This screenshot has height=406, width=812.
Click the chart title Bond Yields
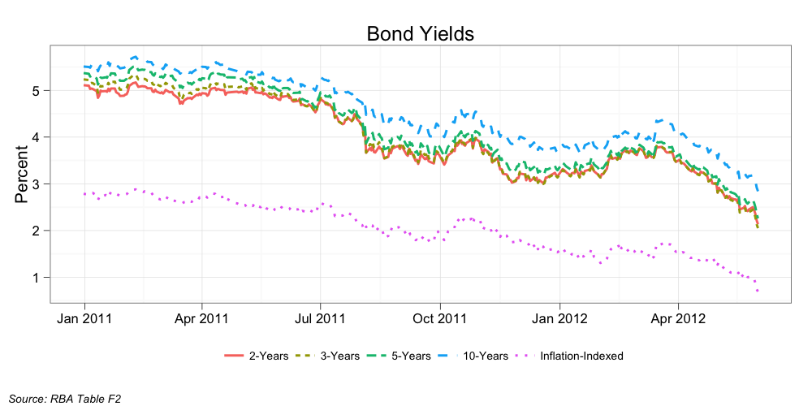click(x=420, y=33)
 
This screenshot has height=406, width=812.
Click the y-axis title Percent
click(x=21, y=174)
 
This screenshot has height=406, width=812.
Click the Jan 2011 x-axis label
click(x=84, y=317)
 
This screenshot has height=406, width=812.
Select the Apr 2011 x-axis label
click(x=201, y=317)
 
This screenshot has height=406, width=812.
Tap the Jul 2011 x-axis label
click(x=320, y=317)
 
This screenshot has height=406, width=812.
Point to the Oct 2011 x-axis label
click(x=439, y=317)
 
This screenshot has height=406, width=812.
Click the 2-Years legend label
click(x=268, y=356)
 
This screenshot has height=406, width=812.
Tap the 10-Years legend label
click(x=486, y=356)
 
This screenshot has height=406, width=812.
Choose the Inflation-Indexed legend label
click(x=581, y=356)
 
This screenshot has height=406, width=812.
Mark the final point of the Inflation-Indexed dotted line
click(x=758, y=291)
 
